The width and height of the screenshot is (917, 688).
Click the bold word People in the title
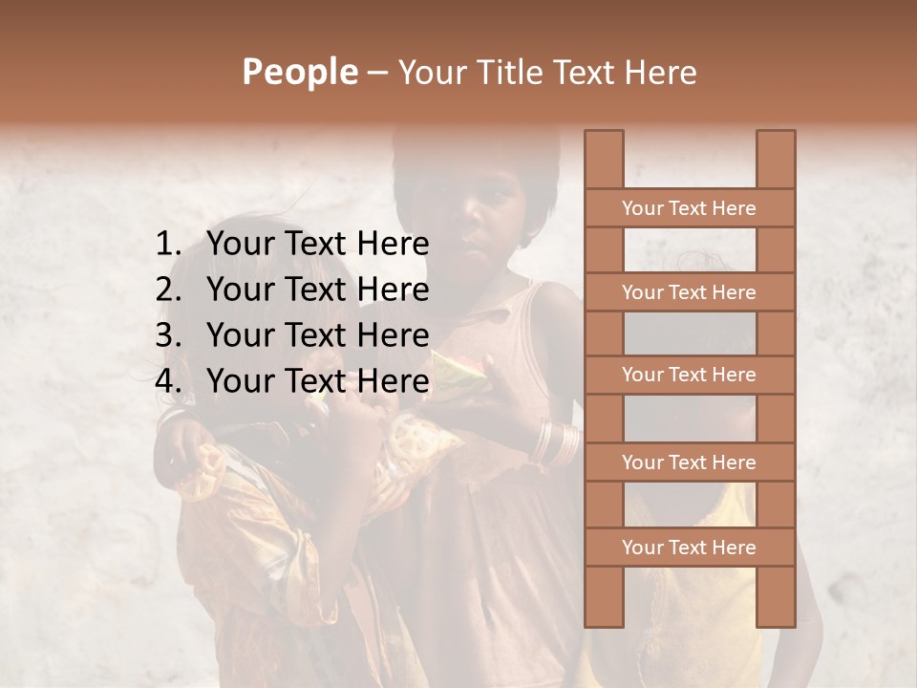coord(300,72)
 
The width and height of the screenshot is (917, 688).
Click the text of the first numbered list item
coord(318,245)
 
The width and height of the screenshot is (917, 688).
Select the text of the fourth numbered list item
coord(318,381)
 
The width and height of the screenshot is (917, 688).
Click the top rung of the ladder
coord(690,208)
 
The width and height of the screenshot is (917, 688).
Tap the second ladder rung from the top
coord(690,292)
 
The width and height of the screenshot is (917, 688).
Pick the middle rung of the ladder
coord(690,375)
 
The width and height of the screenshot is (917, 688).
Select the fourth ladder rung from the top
coord(690,462)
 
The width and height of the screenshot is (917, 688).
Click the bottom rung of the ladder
coord(690,548)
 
